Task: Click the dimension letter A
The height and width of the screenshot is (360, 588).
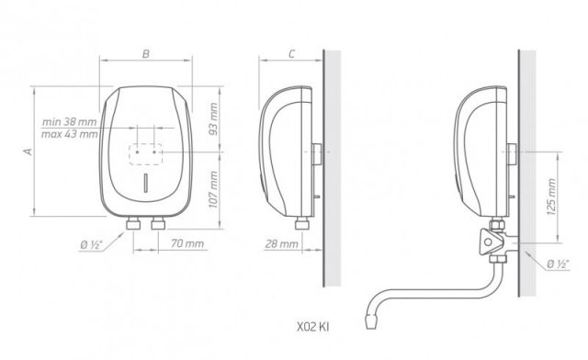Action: pyautogui.click(x=28, y=152)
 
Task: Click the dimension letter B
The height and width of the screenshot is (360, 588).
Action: pyautogui.click(x=146, y=54)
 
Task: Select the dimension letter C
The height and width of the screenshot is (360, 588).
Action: pyautogui.click(x=292, y=54)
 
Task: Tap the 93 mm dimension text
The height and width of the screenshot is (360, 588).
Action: pyautogui.click(x=213, y=119)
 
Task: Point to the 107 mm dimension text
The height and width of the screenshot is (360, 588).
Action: pyautogui.click(x=213, y=189)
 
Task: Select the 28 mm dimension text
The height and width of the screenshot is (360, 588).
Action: pyautogui.click(x=282, y=244)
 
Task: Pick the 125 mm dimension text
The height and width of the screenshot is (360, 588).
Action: pyautogui.click(x=551, y=197)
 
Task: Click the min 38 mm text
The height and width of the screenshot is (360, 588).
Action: pyautogui.click(x=70, y=122)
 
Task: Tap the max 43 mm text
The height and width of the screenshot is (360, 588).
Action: pyautogui.click(x=70, y=134)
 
